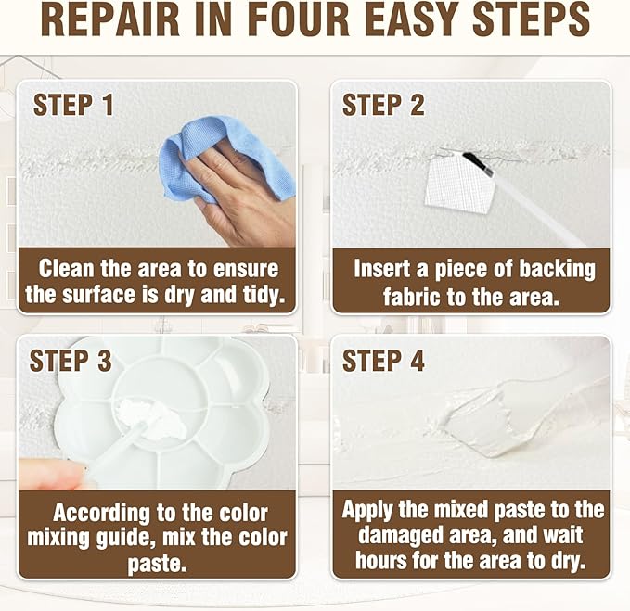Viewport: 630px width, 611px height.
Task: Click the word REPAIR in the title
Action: click(x=110, y=20)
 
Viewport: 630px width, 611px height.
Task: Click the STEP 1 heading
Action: click(x=73, y=105)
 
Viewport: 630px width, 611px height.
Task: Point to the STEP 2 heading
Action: click(x=383, y=105)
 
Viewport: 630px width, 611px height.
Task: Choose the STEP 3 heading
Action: click(x=71, y=361)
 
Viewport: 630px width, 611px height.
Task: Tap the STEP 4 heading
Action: click(x=383, y=361)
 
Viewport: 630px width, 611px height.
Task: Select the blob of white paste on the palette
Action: click(x=150, y=418)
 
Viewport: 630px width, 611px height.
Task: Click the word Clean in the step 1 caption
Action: click(x=66, y=269)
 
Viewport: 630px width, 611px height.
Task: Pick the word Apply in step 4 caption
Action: click(x=366, y=510)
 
